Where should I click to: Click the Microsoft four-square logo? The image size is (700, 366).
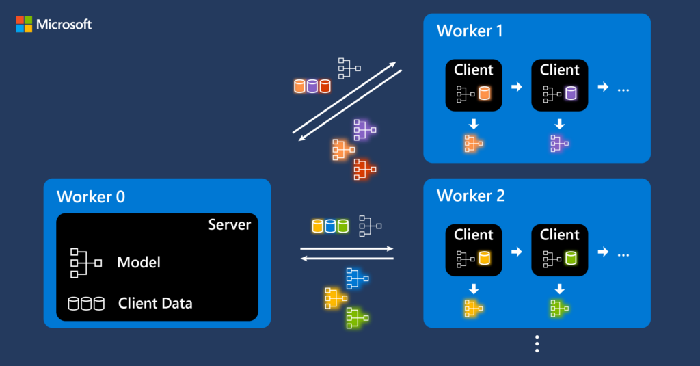[24, 25]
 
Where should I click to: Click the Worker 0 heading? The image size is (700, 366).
[91, 197]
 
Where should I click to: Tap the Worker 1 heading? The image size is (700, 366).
[470, 31]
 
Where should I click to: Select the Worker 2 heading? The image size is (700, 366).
[470, 196]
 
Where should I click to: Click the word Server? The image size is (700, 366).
[229, 225]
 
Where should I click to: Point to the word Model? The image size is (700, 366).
[139, 262]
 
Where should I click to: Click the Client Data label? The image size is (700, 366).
[155, 303]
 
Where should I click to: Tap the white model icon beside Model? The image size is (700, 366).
[85, 263]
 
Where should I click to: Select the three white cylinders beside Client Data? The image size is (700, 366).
[85, 303]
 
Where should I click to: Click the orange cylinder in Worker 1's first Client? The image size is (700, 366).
[485, 93]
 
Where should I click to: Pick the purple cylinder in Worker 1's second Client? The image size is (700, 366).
[571, 93]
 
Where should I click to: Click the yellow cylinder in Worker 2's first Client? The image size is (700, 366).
[485, 259]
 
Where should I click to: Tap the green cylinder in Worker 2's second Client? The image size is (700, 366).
[571, 259]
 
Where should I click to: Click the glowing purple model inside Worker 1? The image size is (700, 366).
[559, 144]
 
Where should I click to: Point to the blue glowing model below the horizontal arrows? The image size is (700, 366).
[357, 277]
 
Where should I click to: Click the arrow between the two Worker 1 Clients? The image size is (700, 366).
[517, 87]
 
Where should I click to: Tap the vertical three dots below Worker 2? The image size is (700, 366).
[537, 344]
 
